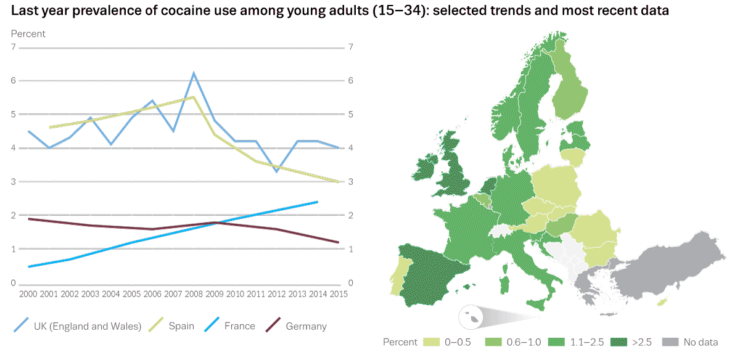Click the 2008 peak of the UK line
[x=194, y=73]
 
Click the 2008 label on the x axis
[x=193, y=293]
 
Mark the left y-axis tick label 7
[x=13, y=47]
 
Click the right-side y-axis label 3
[x=350, y=182]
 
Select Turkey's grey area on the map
[x=672, y=265]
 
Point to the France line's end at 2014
[x=318, y=202]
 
